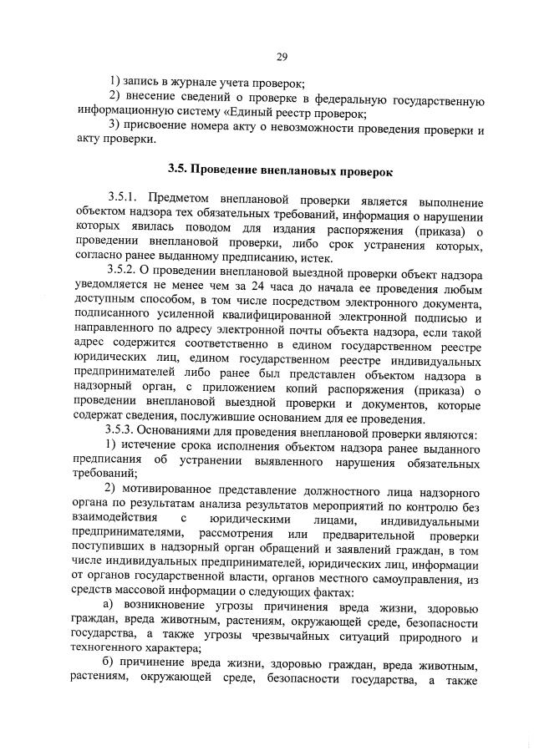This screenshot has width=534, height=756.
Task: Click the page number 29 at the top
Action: (282, 56)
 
